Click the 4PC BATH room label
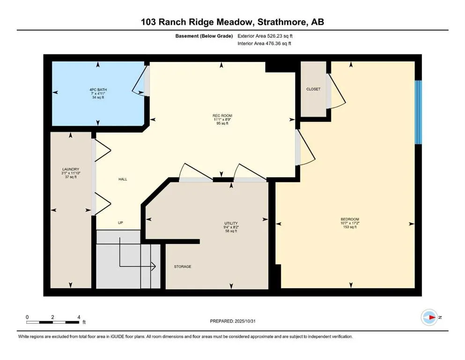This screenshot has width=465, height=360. pyautogui.click(x=97, y=89)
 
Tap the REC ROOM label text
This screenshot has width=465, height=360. pyautogui.click(x=222, y=115)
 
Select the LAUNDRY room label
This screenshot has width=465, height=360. pyautogui.click(x=70, y=169)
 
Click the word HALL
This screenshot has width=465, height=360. pyautogui.click(x=123, y=179)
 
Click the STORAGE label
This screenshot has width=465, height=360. pyautogui.click(x=183, y=267)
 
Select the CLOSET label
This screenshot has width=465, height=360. pyautogui.click(x=313, y=89)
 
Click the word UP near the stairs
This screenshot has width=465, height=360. pyautogui.click(x=120, y=223)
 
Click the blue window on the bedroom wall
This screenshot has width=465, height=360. pyautogui.click(x=419, y=112)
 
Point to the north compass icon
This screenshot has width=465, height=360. pyautogui.click(x=429, y=317)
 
